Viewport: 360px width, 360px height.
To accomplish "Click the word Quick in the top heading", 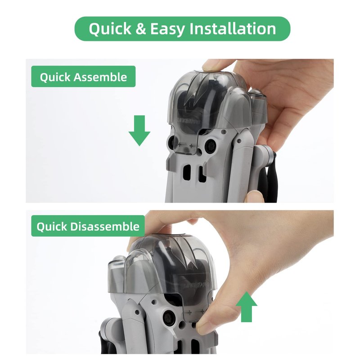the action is pos(110,29).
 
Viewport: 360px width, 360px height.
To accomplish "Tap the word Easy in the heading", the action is pos(167,29).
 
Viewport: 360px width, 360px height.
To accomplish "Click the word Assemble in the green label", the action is pos(100,77).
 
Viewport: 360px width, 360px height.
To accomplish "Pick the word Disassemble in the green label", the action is pos(105,227).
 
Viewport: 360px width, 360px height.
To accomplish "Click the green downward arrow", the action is pos(139,130).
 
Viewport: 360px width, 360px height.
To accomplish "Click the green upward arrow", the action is pos(246,307).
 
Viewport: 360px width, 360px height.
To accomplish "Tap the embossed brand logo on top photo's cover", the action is pos(189,121).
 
